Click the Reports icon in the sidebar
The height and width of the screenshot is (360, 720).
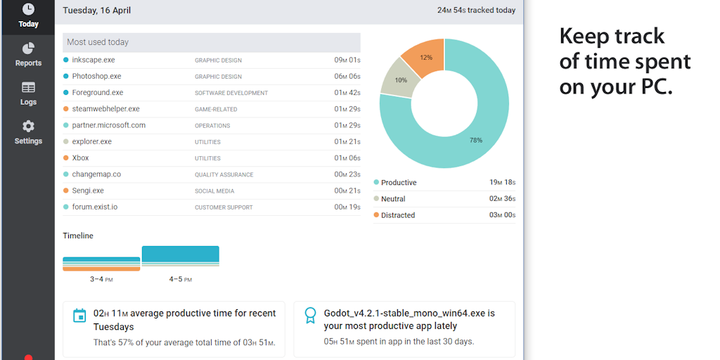click(x=28, y=49)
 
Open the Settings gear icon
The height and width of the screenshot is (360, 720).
click(x=28, y=127)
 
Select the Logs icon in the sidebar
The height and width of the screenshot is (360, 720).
click(x=28, y=88)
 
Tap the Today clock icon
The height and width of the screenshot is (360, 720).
click(x=28, y=9)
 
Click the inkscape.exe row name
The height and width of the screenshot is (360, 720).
click(x=93, y=60)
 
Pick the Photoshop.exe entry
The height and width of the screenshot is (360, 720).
click(x=96, y=77)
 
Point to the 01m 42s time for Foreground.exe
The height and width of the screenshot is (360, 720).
click(x=347, y=93)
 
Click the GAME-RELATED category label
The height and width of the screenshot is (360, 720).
click(x=216, y=110)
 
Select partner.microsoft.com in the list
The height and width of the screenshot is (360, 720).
click(x=108, y=126)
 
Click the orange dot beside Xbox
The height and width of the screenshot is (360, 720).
click(x=66, y=158)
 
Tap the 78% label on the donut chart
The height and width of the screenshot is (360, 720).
click(x=476, y=141)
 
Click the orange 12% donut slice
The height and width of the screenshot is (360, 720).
click(x=425, y=57)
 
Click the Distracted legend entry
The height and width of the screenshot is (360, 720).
click(x=398, y=215)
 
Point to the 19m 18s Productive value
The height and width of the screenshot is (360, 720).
click(x=502, y=183)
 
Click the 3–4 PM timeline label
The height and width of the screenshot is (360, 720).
click(x=101, y=280)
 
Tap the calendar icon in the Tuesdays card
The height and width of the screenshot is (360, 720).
click(x=80, y=316)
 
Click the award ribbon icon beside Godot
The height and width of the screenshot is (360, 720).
click(x=310, y=316)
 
